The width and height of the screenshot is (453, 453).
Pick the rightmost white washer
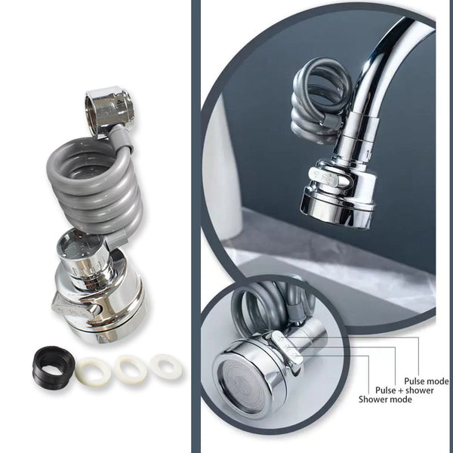(x=165, y=365)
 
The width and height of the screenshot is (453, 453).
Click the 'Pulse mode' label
(x=427, y=381)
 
